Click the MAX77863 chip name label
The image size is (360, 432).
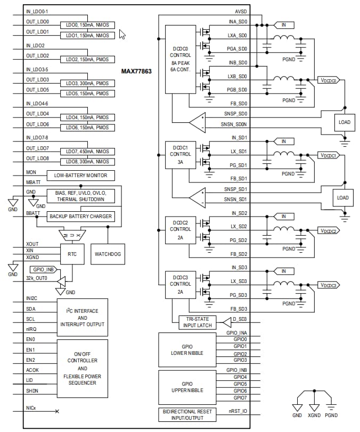point(136,71)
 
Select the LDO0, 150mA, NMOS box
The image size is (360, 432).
point(87,24)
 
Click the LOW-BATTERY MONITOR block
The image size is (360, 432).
point(80,175)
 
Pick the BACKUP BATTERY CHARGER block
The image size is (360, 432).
point(80,216)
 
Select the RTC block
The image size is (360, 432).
point(72,254)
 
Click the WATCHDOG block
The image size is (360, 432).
point(108,254)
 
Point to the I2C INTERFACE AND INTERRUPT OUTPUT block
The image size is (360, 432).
point(83,317)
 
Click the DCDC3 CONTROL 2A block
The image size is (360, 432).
point(180,284)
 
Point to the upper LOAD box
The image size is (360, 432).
point(343,122)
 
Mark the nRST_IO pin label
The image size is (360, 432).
point(237,411)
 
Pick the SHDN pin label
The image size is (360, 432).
point(32,391)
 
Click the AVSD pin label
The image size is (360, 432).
point(241,11)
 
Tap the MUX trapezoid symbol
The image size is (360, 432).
point(72,235)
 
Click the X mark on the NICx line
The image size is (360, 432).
point(57,411)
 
